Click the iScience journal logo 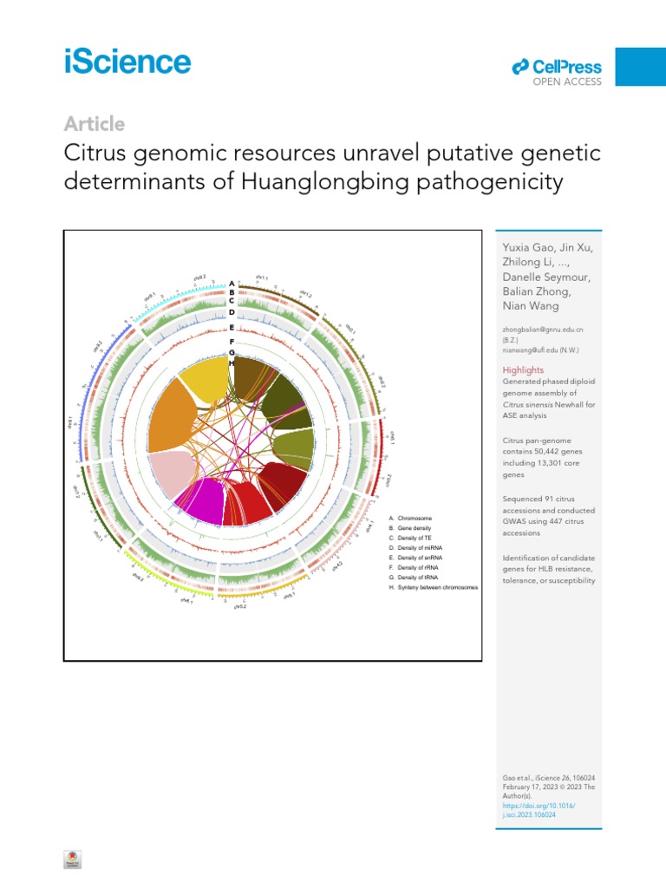coord(127,62)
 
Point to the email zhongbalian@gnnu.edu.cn coord(543,330)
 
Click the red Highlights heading coord(524,370)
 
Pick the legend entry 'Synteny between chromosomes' coord(434,587)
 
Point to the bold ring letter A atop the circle coord(232,284)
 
